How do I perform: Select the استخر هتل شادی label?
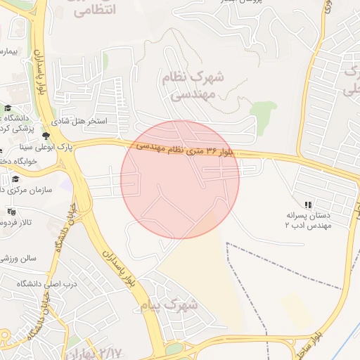pyautogui.click(x=82, y=122)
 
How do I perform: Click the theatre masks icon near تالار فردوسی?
pyautogui.click(x=11, y=211)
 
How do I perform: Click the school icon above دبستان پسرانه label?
pyautogui.click(x=307, y=205)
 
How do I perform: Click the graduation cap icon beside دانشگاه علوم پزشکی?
pyautogui.click(x=8, y=108)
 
